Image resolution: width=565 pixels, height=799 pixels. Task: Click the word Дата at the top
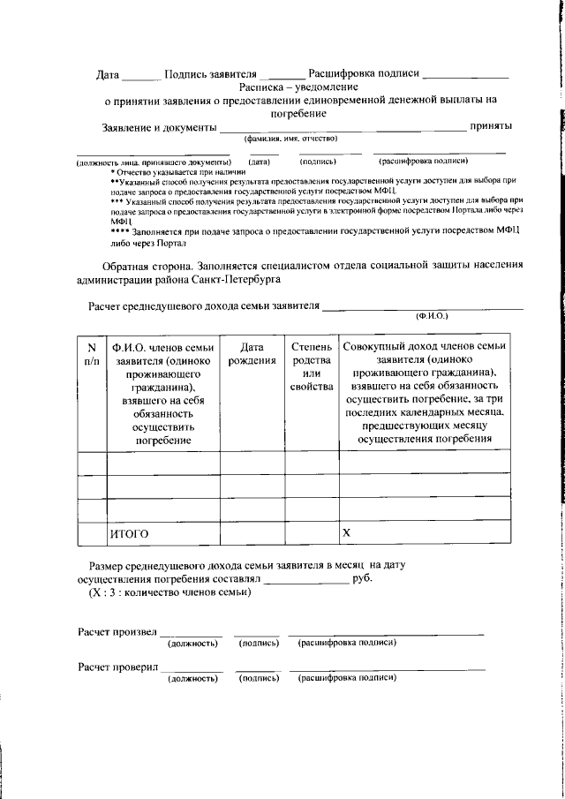pos(107,75)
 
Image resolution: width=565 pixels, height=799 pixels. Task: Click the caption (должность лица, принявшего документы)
pos(154,162)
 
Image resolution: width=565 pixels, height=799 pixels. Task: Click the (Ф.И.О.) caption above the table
pos(432,315)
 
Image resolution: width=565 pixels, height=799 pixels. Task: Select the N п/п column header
pos(91,355)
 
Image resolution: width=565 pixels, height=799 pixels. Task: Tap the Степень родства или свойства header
pos(311,367)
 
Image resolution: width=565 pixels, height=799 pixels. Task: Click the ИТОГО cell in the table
pos(129,534)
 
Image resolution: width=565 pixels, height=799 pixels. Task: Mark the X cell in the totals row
pos(347,533)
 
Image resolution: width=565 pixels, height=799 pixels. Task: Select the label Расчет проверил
pos(117,667)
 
